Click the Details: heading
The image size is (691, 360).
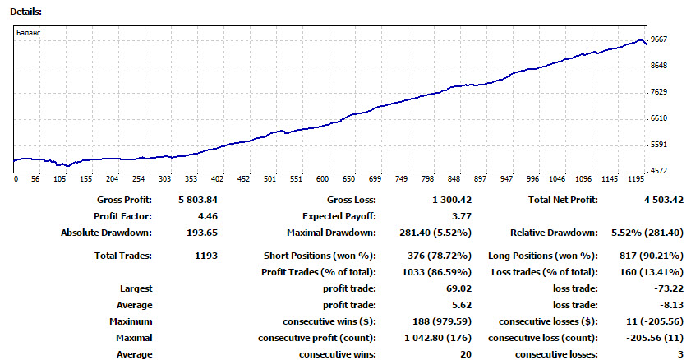(x=25, y=12)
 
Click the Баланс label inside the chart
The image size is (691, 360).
(x=28, y=33)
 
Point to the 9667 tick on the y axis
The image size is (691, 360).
(x=659, y=39)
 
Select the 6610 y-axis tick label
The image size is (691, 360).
(x=659, y=118)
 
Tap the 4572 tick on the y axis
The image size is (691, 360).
(x=659, y=170)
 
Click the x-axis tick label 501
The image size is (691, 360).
(x=269, y=179)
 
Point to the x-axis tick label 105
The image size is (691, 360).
(x=59, y=179)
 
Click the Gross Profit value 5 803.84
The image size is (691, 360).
(x=198, y=200)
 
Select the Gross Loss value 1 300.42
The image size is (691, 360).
(x=452, y=200)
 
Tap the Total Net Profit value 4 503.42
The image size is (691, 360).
(x=664, y=200)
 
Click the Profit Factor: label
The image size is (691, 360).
(x=122, y=216)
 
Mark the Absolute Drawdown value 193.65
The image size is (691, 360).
(x=202, y=233)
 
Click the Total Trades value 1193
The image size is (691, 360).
(x=206, y=256)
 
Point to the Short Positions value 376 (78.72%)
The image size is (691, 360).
(x=440, y=256)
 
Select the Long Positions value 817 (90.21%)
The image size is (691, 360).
(x=652, y=256)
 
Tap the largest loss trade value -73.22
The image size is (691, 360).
(x=669, y=289)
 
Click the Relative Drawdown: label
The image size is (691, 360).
(x=554, y=233)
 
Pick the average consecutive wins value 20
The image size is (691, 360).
(x=466, y=355)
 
